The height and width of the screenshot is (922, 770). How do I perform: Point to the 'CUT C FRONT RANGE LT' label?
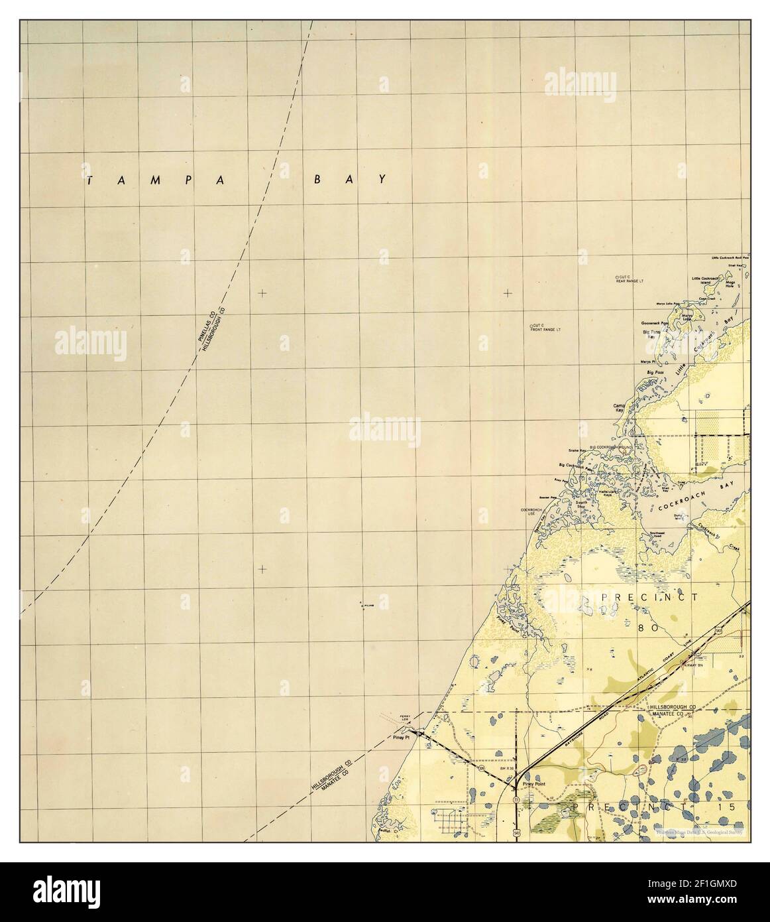coord(545,327)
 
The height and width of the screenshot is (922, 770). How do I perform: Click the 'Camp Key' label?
coord(620,409)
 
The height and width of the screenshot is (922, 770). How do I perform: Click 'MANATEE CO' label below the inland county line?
coord(673,716)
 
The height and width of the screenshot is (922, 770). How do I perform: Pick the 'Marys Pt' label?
coord(647,362)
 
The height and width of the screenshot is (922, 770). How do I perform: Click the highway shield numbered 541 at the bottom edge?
coord(516,831)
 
